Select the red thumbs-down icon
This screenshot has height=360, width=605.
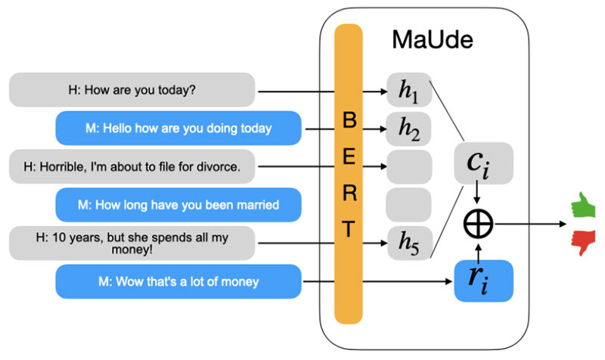[584, 242]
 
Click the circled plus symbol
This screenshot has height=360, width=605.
[479, 224]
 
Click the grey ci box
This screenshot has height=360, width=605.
[484, 163]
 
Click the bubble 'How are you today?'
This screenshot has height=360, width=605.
[132, 89]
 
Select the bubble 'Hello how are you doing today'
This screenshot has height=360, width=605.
[178, 128]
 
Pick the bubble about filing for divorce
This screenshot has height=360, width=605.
[132, 166]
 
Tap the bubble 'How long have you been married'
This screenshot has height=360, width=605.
[178, 204]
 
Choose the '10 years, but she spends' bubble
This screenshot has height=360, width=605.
[132, 243]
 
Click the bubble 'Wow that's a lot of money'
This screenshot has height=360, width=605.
[178, 281]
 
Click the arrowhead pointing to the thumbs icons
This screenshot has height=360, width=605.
[563, 224]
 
